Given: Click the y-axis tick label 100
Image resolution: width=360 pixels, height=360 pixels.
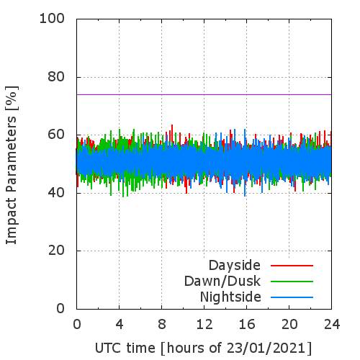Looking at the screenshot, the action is coord(52,19).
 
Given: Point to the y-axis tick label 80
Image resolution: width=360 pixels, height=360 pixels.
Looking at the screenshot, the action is coord(56,77).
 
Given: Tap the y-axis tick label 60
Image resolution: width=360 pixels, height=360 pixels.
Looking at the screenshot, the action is coord(56,135).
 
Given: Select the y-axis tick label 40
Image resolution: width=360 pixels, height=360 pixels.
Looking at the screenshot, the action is coord(56,192).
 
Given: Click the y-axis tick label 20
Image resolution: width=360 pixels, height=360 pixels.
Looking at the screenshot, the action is coord(56,251).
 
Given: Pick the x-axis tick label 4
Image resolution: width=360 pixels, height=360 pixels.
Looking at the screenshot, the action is coord(120,325).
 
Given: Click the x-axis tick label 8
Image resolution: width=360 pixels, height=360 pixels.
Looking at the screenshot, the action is coord(162,325).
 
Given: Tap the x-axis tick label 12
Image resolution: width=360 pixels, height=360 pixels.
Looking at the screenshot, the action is coord(204,325).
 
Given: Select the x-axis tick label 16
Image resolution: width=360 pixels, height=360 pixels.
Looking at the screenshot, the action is coord(247,325).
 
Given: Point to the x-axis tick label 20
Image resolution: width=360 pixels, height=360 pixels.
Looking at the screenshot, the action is coord(289,325).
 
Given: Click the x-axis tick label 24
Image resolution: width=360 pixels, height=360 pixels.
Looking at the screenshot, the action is coord(332,325).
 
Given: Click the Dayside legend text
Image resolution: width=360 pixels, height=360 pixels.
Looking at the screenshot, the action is coord(235,266).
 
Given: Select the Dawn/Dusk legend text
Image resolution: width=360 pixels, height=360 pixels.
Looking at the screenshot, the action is coord(222,282).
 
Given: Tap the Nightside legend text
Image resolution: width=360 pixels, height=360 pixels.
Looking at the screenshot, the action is coord(230,297).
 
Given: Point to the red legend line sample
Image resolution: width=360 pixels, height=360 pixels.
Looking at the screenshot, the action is coord(292,266).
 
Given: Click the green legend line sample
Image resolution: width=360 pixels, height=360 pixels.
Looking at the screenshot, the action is coord(292,282).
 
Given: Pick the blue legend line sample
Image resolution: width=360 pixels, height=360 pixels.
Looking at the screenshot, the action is coord(292,297).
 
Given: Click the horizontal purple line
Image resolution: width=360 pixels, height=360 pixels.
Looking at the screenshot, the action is coord(204,94).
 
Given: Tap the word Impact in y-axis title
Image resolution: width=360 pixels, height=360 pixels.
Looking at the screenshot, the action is coord(12,221).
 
